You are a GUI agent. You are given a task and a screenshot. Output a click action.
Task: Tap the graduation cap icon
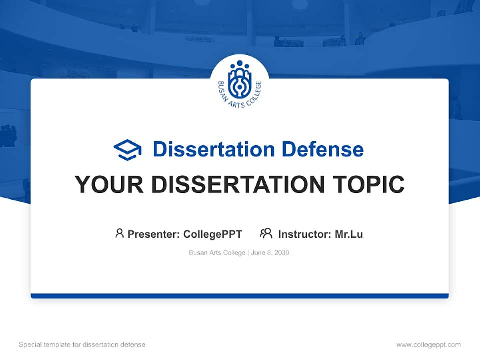pyautogui.click(x=127, y=150)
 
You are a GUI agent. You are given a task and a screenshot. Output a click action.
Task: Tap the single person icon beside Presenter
pyautogui.click(x=119, y=233)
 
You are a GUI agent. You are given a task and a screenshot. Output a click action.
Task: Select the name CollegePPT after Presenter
pyautogui.click(x=213, y=234)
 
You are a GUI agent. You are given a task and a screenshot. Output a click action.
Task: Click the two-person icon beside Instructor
pyautogui.click(x=266, y=233)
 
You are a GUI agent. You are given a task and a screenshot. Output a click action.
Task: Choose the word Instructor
pyautogui.click(x=304, y=234)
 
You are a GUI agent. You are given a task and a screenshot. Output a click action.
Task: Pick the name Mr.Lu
pyautogui.click(x=349, y=234)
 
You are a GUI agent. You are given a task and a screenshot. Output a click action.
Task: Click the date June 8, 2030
pyautogui.click(x=270, y=253)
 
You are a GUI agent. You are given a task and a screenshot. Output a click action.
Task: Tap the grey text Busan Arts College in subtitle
pyautogui.click(x=217, y=253)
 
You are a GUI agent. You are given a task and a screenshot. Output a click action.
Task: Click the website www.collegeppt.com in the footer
pyautogui.click(x=428, y=345)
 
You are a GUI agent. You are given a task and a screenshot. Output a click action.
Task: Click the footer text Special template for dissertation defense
pyautogui.click(x=82, y=345)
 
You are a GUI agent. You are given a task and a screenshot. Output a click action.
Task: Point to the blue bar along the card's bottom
pyautogui.click(x=240, y=296)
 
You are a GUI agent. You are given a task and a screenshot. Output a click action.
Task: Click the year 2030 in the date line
pyautogui.click(x=282, y=253)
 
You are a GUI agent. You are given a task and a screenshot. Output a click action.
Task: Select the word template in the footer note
pyautogui.click(x=55, y=345)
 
